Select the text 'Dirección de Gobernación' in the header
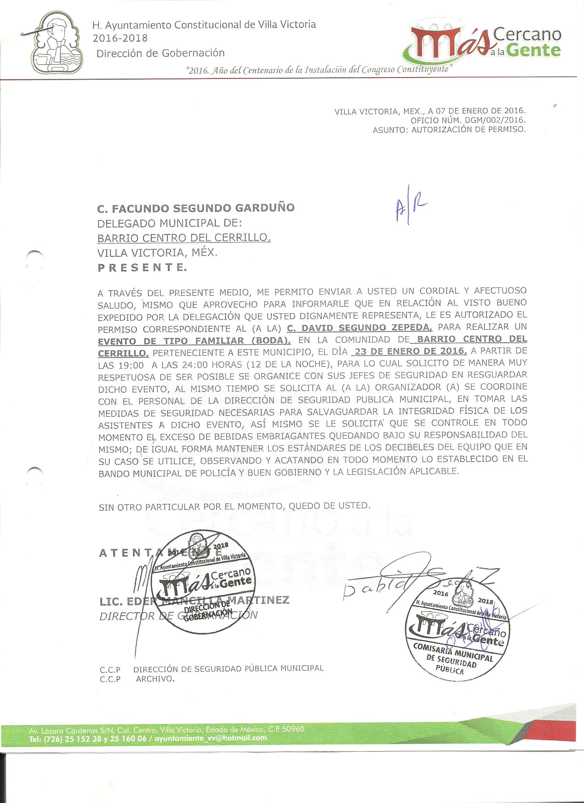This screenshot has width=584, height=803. coord(161,53)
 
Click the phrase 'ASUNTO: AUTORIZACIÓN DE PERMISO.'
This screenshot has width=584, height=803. coord(449,129)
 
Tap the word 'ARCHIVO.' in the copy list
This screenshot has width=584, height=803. coord(155,679)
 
